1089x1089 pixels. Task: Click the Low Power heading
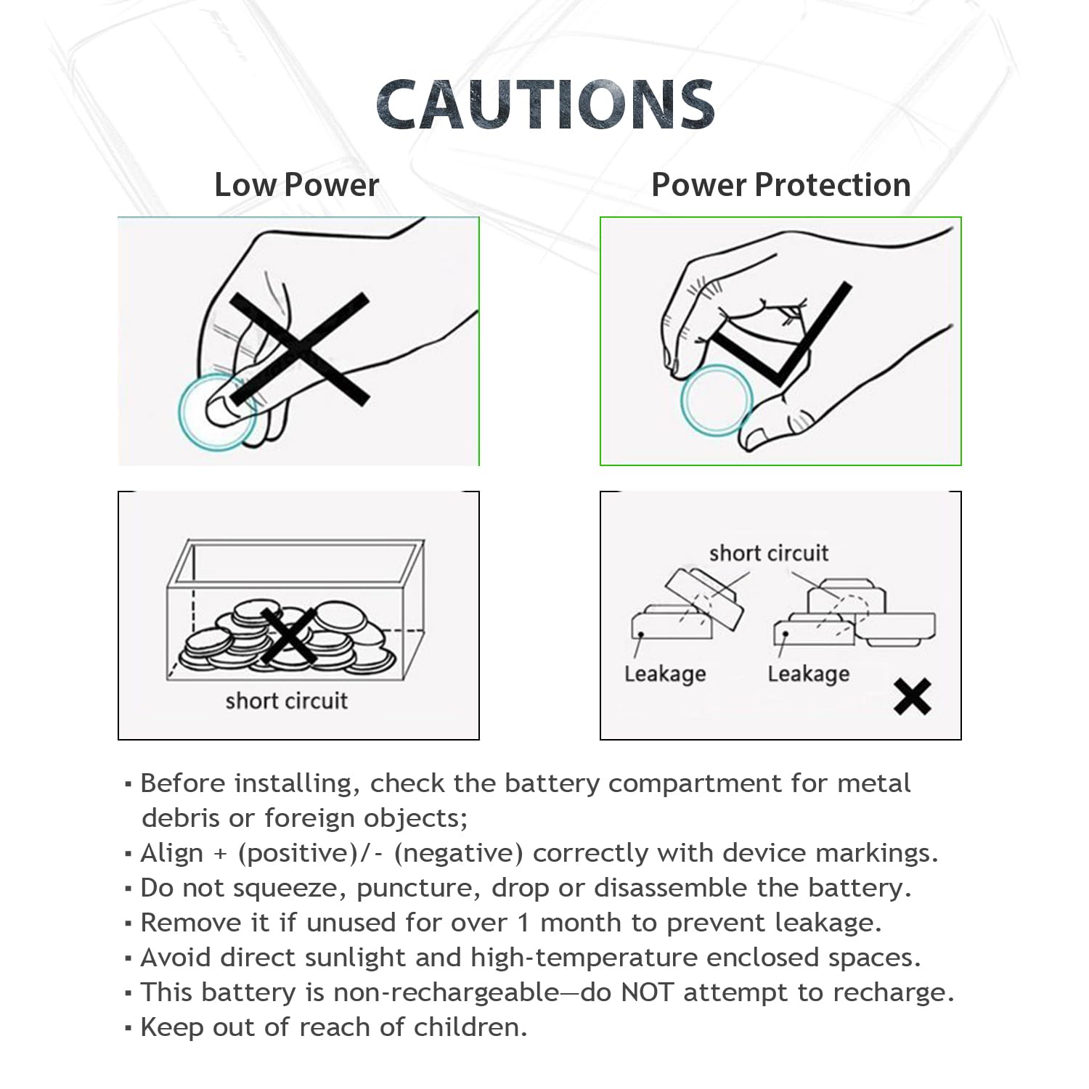(x=296, y=185)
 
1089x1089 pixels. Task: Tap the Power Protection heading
(x=780, y=185)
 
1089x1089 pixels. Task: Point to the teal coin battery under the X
(x=216, y=412)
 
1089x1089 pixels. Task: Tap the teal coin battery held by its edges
(x=717, y=400)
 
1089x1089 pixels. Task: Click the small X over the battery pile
(x=288, y=636)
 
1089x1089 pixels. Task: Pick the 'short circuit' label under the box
(x=286, y=701)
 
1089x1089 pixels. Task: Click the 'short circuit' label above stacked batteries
(x=768, y=553)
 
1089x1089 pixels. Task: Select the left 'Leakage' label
(x=665, y=674)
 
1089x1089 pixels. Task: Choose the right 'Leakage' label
(x=808, y=674)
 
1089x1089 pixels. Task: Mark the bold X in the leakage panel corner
(x=912, y=697)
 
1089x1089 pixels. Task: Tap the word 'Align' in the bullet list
(x=171, y=853)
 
